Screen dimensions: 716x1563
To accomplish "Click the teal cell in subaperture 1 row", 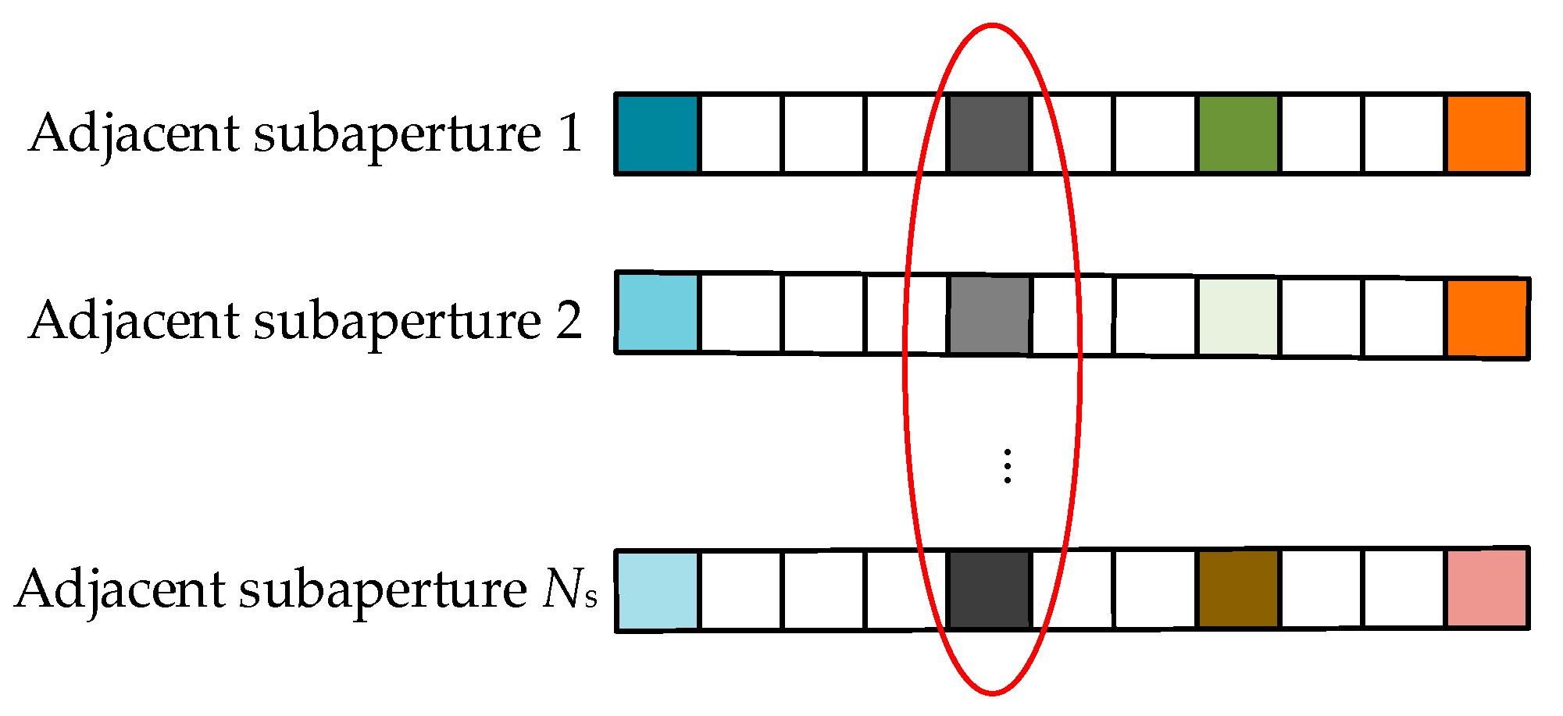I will click(x=657, y=134).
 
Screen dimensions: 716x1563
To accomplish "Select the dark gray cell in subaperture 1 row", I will click(x=989, y=134).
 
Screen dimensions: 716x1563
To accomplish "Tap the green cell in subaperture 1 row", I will click(x=1238, y=134).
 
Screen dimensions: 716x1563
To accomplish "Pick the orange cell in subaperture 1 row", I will click(x=1487, y=134).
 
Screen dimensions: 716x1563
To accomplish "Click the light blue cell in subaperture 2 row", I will click(x=657, y=312).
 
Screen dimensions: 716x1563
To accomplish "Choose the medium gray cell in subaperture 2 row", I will click(x=989, y=315).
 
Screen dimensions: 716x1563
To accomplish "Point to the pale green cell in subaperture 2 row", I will click(x=1238, y=316).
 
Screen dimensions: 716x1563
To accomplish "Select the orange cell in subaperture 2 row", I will click(x=1487, y=318).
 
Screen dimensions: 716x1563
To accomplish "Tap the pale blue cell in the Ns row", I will click(x=657, y=590).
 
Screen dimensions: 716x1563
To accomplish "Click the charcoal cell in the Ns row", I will click(x=989, y=590).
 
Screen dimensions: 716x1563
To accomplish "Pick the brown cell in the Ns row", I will click(x=1238, y=589).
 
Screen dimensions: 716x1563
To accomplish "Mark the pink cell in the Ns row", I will click(x=1487, y=588).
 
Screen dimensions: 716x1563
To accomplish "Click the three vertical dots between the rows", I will click(x=1008, y=466).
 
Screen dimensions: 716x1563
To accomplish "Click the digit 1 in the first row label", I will click(x=571, y=133).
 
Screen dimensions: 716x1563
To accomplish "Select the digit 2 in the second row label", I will click(x=569, y=320).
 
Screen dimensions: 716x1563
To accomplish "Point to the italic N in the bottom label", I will click(x=561, y=589).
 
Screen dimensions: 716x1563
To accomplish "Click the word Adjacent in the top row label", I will click(x=134, y=134).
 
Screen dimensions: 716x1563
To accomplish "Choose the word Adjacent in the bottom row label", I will click(x=120, y=590).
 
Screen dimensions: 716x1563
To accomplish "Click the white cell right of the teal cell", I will click(x=740, y=134).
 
